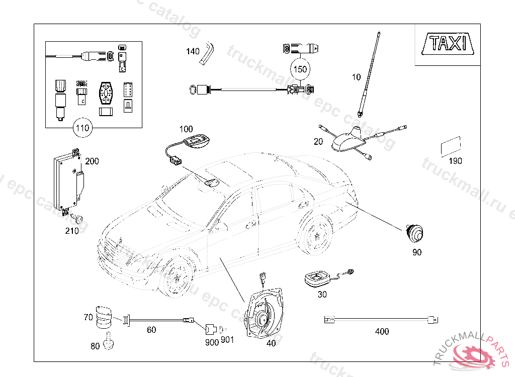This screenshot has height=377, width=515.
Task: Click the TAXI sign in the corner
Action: click(x=447, y=43)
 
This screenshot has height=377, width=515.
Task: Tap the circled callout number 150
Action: click(x=300, y=69)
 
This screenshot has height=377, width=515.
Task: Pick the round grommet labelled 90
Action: click(x=414, y=233)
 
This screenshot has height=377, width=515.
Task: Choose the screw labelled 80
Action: click(x=109, y=343)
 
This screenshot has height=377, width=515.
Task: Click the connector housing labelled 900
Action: click(x=210, y=330)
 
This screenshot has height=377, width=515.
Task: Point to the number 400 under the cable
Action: click(x=382, y=331)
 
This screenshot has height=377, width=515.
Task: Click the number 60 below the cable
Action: click(x=151, y=330)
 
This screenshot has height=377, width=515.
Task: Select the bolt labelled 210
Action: click(x=78, y=219)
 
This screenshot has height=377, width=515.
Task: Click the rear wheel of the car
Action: click(x=316, y=235)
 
